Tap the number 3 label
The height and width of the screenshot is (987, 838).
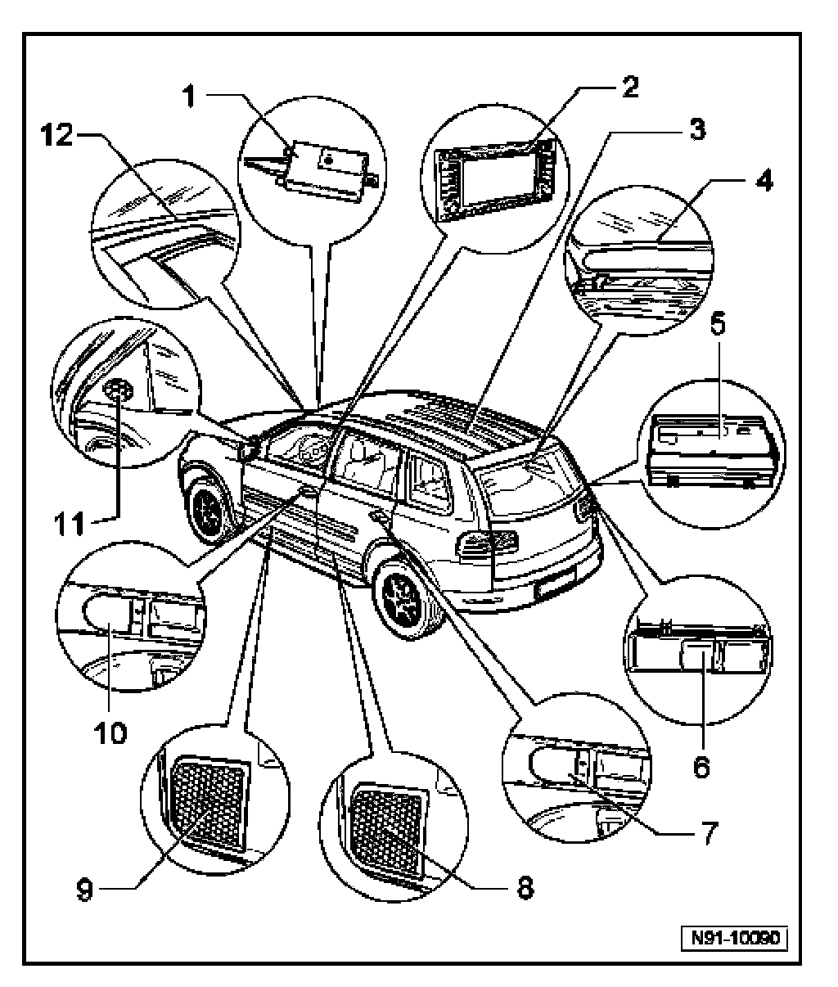(696, 130)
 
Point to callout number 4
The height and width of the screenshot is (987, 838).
(763, 182)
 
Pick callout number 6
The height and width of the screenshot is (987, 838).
(701, 767)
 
